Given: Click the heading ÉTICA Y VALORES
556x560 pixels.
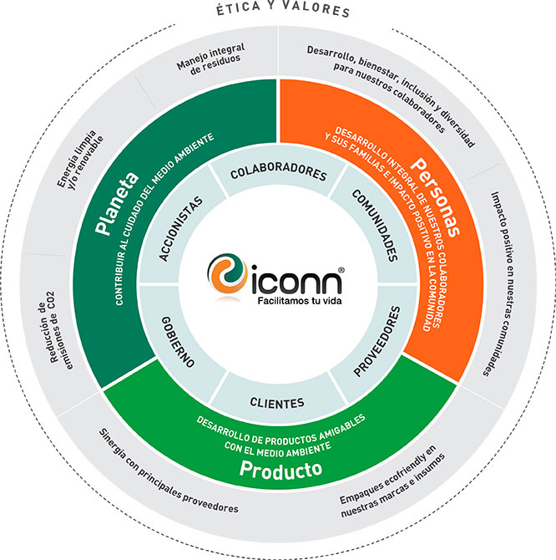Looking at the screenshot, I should (x=278, y=11).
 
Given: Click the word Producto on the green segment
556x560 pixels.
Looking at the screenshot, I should (x=281, y=469).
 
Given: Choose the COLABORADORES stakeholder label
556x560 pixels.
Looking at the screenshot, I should (x=277, y=172).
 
